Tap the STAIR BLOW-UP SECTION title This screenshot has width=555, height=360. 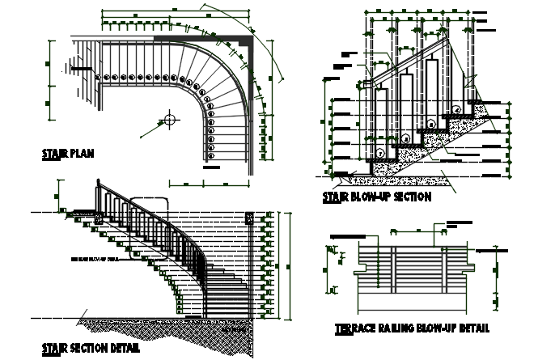(376, 197)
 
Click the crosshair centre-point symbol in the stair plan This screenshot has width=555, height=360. (169, 120)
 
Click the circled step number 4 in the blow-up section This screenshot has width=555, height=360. (455, 108)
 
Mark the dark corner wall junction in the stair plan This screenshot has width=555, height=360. (250, 36)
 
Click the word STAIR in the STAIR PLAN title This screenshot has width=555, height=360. (54, 154)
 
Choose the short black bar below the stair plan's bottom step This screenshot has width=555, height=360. (212, 167)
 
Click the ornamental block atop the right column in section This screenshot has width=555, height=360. (249, 217)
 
